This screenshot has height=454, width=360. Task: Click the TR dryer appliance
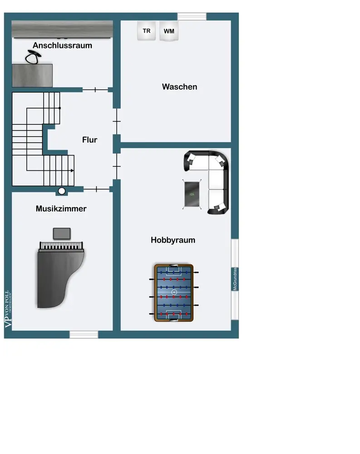[x=146, y=31]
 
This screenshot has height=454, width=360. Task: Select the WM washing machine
[x=169, y=32]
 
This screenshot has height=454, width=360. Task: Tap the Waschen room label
[x=179, y=87]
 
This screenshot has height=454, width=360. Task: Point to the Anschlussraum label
[x=62, y=45]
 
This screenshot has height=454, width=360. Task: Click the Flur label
[x=89, y=140]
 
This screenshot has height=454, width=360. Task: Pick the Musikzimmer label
[x=61, y=209]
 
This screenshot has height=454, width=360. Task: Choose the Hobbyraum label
[x=173, y=240]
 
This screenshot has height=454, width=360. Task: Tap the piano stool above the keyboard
[x=62, y=233]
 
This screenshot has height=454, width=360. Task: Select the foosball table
[x=174, y=293]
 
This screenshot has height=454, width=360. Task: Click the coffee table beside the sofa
[x=192, y=194]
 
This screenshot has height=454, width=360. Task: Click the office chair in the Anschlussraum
[x=32, y=57]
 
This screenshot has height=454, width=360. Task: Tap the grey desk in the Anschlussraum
[x=32, y=75]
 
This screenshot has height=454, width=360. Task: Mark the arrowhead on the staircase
[x=73, y=170]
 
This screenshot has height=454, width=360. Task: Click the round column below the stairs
[x=62, y=191]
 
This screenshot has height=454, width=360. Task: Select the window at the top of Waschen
[x=192, y=17]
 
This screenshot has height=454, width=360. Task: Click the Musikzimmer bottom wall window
[x=84, y=335]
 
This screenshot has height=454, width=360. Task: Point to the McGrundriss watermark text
[x=235, y=279]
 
